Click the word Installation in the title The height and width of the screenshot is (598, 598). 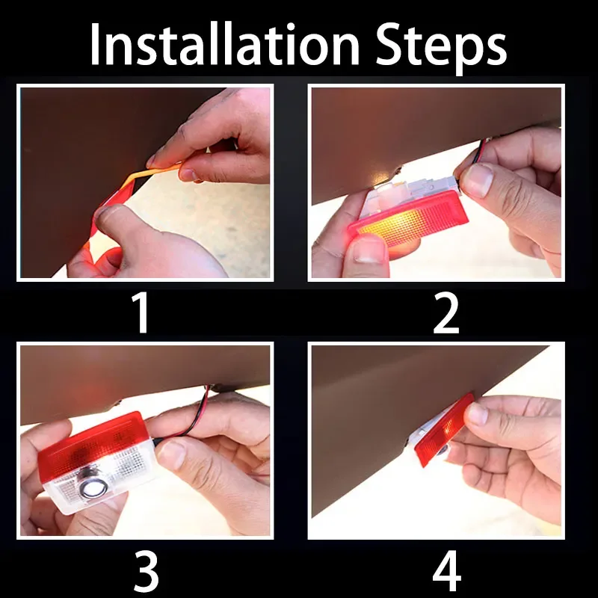pos(225,45)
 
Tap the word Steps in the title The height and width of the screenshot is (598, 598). pos(441,49)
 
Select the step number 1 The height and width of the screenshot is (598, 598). pos(141,313)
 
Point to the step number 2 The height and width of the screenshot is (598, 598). pos(446,313)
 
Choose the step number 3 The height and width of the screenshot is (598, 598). pos(147,571)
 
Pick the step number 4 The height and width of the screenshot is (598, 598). pos(447,571)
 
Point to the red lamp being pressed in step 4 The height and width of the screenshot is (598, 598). pos(444,431)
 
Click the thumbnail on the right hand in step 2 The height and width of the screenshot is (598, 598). pos(477,180)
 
